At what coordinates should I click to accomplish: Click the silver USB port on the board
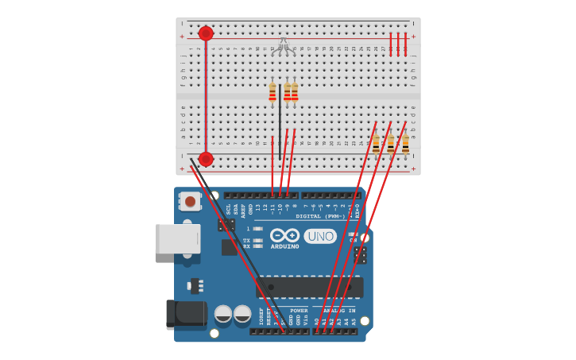[x=178, y=238]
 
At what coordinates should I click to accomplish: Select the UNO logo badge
[x=320, y=236]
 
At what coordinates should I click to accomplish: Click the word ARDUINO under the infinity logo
[x=284, y=246]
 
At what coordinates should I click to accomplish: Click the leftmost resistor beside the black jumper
[x=273, y=93]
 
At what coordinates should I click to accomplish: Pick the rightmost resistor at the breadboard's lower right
[x=405, y=144]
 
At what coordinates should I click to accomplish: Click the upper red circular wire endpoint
[x=206, y=33]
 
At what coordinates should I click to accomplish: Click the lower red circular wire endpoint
[x=206, y=159]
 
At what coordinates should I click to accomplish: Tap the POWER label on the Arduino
[x=299, y=311]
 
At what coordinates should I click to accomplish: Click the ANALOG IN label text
[x=338, y=311]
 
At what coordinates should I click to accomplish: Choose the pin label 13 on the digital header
[x=257, y=207]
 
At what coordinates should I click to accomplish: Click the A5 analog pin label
[x=354, y=322]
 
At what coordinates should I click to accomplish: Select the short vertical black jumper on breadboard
[x=280, y=119]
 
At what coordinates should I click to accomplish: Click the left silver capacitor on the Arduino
[x=223, y=315]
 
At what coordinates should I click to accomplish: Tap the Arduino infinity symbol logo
[x=284, y=235]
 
